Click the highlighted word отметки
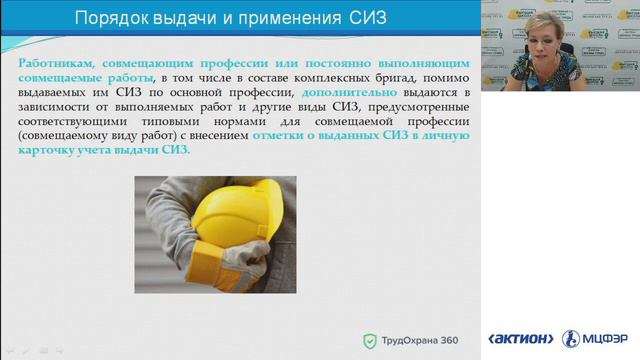(283, 135)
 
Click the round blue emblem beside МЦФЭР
(571, 338)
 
